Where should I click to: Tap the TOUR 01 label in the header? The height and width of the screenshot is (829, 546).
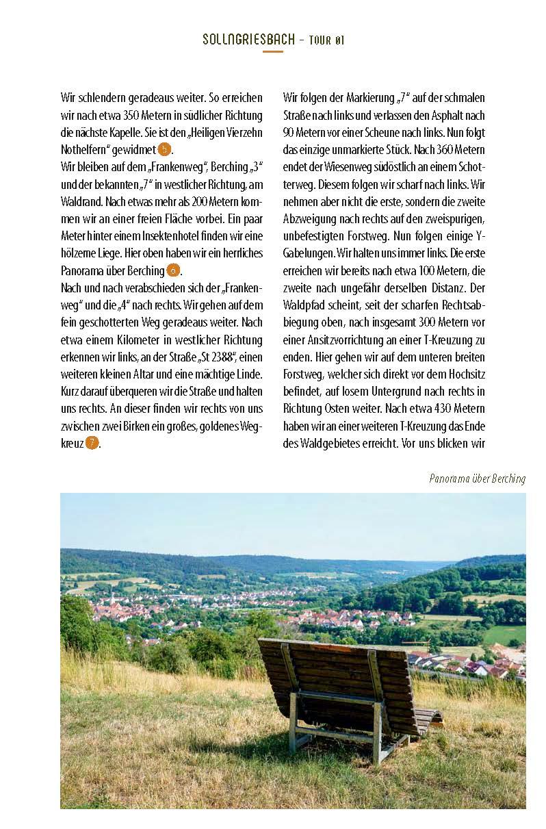coord(326,40)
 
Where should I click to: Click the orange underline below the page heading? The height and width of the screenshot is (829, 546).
coord(272,51)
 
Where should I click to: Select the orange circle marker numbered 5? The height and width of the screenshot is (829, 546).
coord(164,149)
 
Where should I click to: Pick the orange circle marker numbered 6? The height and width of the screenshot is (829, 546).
coord(173,270)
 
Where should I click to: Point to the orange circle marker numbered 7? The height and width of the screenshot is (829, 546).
coord(92,443)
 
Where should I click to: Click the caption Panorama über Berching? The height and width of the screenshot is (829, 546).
coord(477,479)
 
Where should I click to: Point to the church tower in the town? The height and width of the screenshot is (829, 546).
coord(112,598)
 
